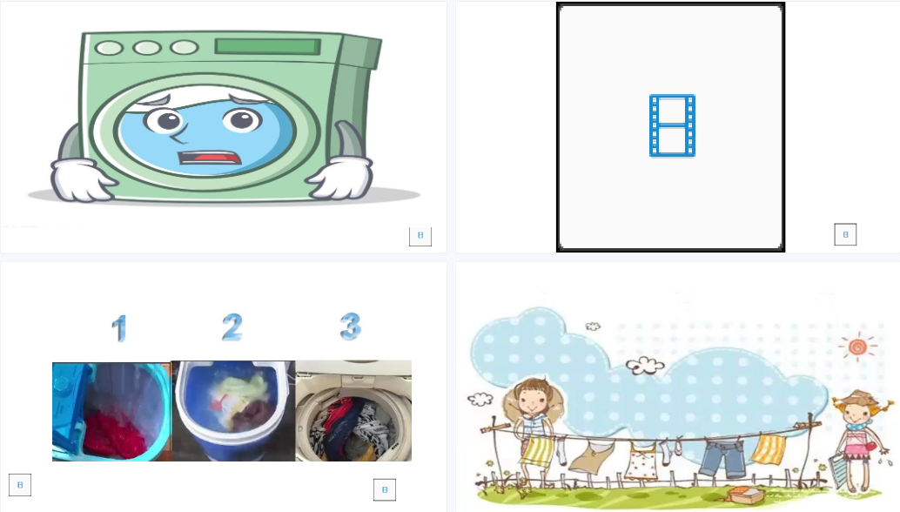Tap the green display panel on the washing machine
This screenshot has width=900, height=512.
point(268,46)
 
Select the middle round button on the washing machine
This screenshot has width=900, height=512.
point(147,48)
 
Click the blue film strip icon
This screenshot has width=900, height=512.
point(672,125)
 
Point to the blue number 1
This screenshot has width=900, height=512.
point(119,328)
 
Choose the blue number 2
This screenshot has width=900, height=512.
point(232,327)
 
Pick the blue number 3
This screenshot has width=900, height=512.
point(350,326)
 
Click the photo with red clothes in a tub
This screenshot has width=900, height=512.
point(111,412)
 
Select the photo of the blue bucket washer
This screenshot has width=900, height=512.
point(233,411)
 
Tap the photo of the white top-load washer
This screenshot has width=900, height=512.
point(353,411)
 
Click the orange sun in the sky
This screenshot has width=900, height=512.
point(858,347)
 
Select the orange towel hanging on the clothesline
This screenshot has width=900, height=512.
point(769,449)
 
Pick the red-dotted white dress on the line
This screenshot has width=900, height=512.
point(641,462)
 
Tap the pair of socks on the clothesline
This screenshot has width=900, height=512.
point(670,450)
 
